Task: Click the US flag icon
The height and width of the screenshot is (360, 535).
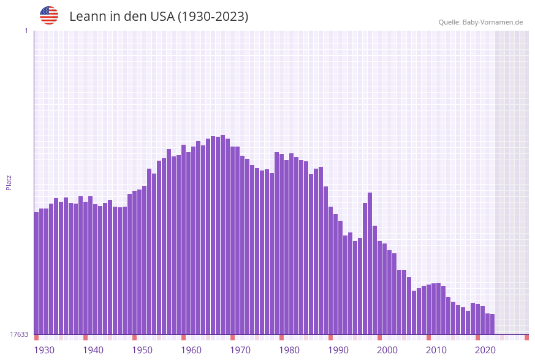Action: [49, 15]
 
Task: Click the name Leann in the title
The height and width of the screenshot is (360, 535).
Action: [88, 17]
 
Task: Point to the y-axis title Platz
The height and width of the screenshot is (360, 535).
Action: [9, 182]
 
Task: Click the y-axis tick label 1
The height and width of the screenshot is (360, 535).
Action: [26, 31]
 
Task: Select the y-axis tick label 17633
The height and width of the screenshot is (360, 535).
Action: [18, 334]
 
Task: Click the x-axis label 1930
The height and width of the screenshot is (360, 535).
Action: [44, 350]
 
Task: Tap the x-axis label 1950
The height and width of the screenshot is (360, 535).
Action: [142, 350]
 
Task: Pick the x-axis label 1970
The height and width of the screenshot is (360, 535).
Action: [240, 350]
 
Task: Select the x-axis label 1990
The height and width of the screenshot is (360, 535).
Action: [338, 350]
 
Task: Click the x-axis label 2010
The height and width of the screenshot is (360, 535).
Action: [436, 350]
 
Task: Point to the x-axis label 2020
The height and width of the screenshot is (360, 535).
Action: [485, 350]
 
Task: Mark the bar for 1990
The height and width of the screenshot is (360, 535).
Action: [330, 270]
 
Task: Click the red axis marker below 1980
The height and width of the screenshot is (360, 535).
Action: [281, 337]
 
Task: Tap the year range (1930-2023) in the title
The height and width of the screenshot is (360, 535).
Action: [213, 17]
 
